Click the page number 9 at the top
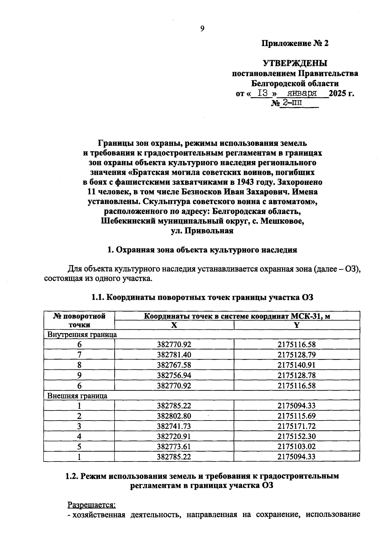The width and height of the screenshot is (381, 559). tap(203, 29)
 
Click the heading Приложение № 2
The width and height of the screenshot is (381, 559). tap(295, 44)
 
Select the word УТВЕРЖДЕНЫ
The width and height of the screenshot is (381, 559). tap(295, 63)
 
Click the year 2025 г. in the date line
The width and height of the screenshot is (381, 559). tap(341, 94)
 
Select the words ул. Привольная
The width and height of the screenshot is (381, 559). tap(202, 231)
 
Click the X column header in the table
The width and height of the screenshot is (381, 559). tap(174, 325)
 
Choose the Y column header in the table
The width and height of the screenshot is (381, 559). tap(297, 325)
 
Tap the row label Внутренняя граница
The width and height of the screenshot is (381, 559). tap(82, 334)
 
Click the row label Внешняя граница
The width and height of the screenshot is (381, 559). tap(77, 396)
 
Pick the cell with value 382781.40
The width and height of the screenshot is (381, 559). tap(174, 355)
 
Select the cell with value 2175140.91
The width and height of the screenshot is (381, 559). tap(297, 365)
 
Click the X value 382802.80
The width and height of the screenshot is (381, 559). tap(174, 416)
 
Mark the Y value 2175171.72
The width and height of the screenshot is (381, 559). tap(297, 426)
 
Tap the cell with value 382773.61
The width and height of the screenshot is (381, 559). tap(174, 447)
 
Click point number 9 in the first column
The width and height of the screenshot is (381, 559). tap(79, 375)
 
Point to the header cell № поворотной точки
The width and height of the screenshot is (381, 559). tap(79, 320)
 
